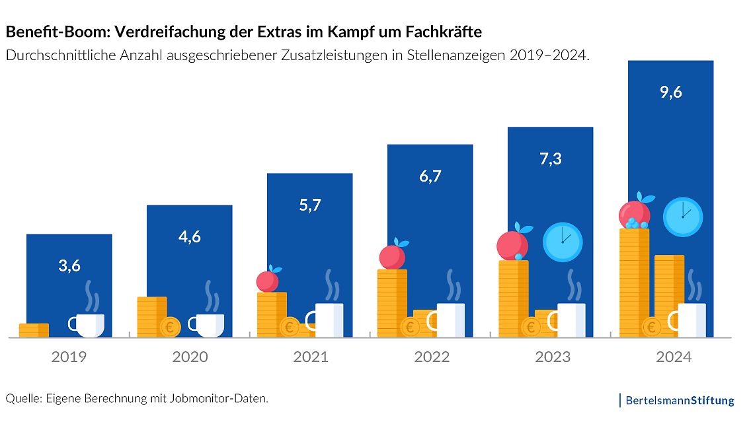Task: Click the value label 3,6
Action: point(69,266)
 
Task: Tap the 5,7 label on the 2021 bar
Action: point(309,205)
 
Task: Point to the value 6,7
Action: point(430,176)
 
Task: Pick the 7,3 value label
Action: point(550,158)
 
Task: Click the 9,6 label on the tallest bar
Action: point(670,92)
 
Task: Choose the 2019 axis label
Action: point(69,357)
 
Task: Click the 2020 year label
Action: point(190,357)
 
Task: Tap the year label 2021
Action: point(310,357)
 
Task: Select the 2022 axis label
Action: point(431,357)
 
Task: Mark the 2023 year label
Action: point(552,357)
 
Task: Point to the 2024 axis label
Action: point(673,357)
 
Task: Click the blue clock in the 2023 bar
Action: point(563,242)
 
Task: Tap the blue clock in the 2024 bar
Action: point(683,217)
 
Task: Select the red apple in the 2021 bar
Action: point(268,281)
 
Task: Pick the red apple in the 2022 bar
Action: point(392,256)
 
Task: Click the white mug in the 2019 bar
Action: point(89,324)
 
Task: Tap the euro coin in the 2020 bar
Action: point(171,326)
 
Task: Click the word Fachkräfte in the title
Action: point(439,31)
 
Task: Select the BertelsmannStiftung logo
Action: point(678,400)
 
